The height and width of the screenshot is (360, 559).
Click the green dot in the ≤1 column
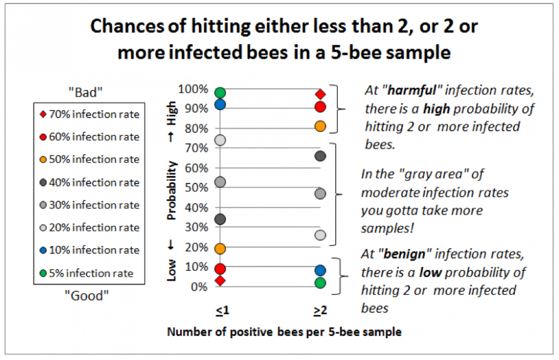pos(220,92)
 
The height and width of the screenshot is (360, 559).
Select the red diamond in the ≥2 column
pos(320,94)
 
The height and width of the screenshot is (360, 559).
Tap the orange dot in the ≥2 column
pos(320,126)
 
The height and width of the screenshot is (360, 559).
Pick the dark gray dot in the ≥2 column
pos(320,156)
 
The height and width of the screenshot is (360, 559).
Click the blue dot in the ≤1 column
pos(220,105)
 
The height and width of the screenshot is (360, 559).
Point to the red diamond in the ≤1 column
pos(220,281)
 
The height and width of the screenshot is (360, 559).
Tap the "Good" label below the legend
pos(87,295)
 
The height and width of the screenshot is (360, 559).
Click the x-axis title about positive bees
pos(284,332)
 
